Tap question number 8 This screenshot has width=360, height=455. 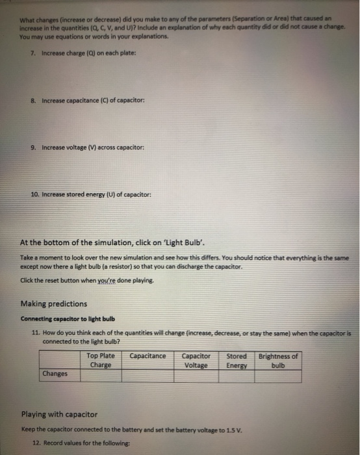(34, 102)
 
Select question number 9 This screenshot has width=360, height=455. (34, 148)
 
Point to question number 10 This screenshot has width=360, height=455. (36, 194)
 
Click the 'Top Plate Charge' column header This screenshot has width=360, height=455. (100, 360)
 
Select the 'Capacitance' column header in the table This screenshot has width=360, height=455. (148, 356)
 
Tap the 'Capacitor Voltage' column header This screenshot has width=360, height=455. (196, 360)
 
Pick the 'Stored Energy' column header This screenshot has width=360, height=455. (237, 360)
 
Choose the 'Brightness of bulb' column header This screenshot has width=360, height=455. (278, 360)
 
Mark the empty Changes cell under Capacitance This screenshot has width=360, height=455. (148, 375)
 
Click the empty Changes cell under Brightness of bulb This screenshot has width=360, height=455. (278, 375)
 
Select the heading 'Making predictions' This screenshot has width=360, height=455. (53, 304)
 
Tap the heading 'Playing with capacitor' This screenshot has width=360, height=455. (59, 414)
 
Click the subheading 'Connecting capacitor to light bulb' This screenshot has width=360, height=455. (68, 318)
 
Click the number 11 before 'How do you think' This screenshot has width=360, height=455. (36, 331)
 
